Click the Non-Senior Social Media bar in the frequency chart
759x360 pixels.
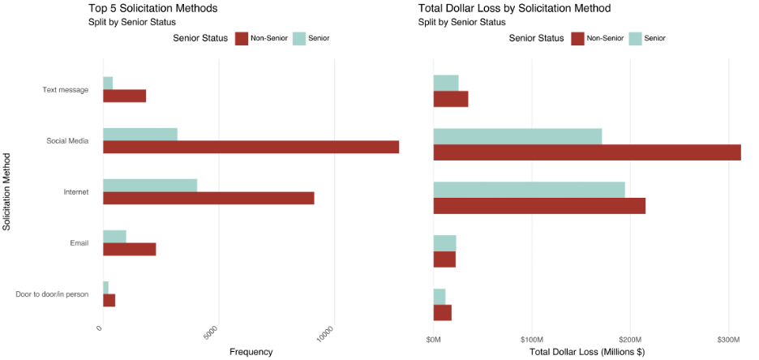click(251, 147)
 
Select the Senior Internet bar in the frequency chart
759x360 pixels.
click(150, 185)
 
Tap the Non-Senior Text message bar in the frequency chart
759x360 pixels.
click(124, 96)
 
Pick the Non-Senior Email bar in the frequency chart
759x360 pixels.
click(129, 250)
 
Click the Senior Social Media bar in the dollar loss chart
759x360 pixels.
click(517, 136)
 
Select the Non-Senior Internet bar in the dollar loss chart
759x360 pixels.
click(539, 206)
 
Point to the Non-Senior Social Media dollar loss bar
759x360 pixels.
click(587, 152)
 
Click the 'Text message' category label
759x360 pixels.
click(65, 90)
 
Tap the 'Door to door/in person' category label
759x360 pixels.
click(52, 294)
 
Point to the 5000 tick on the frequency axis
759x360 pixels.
click(210, 333)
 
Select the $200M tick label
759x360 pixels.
click(630, 337)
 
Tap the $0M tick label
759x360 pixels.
click(434, 337)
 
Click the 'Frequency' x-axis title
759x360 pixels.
click(251, 352)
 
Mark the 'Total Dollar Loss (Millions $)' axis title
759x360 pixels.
click(586, 352)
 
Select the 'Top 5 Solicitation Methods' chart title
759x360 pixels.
click(152, 8)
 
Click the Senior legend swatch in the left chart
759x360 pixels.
click(299, 38)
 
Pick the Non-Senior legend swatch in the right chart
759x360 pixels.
click(577, 38)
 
